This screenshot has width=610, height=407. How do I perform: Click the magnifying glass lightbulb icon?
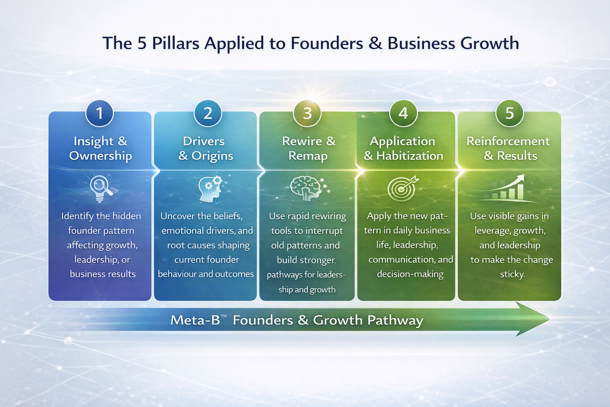coord(101,188)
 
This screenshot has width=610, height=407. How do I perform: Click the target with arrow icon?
coord(403,188)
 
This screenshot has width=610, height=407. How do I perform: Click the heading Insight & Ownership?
coord(100,148)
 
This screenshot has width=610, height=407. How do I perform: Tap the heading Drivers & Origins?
coord(205,148)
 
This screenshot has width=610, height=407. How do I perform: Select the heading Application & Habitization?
coord(403,148)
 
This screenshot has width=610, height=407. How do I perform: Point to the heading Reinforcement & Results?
coord(509,148)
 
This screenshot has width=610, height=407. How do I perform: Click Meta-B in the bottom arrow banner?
coord(195,320)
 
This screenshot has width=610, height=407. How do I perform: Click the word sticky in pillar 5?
coord(512,274)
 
